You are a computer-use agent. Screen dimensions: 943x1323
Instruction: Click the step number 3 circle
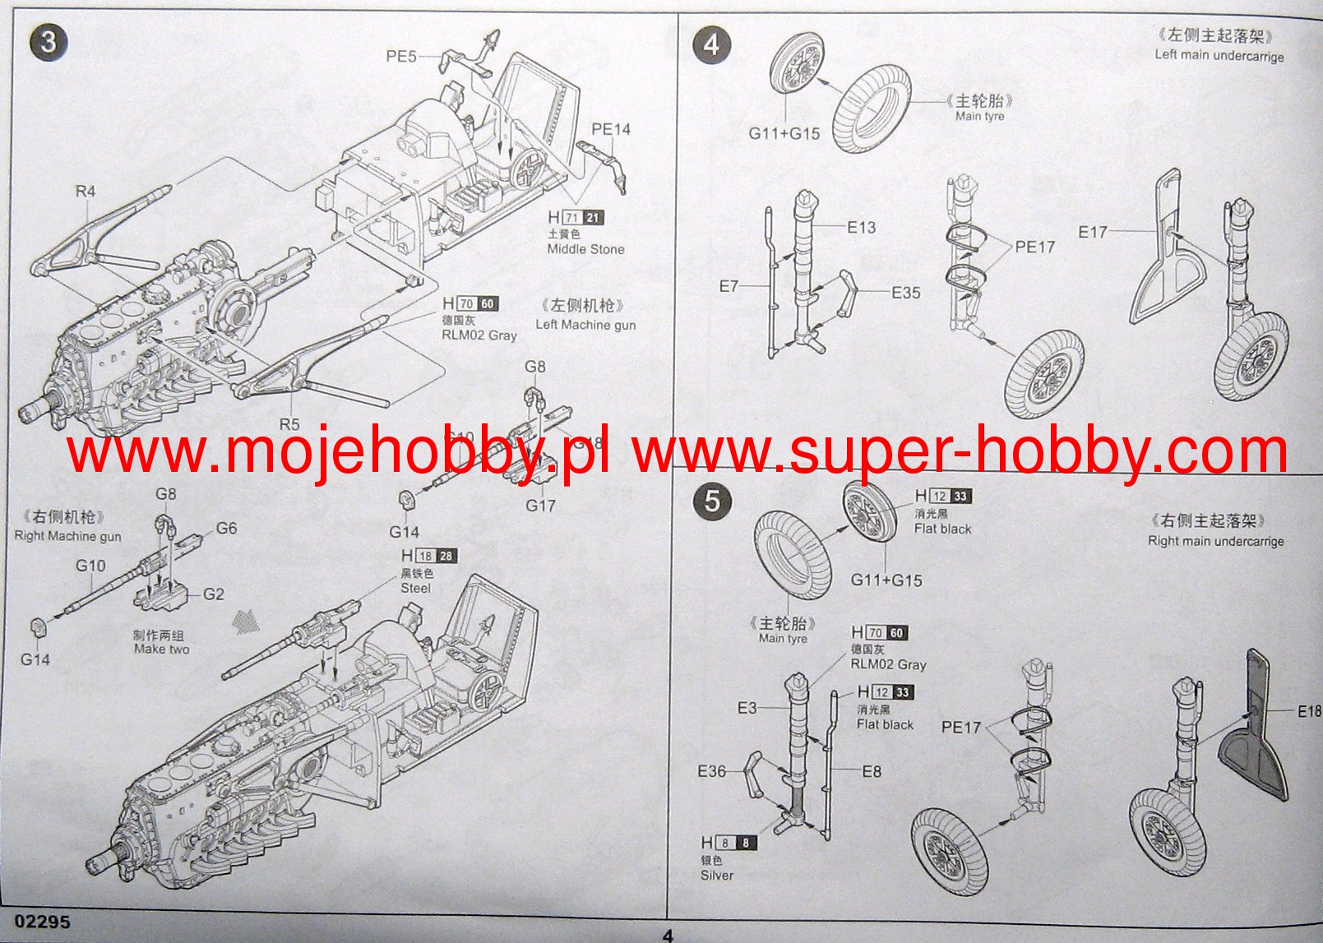click(49, 41)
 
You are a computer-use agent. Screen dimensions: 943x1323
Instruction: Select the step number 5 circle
click(712, 501)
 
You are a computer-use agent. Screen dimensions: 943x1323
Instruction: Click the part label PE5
click(401, 57)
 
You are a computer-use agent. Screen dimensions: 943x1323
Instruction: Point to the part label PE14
click(611, 129)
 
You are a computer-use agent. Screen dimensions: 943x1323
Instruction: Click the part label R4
click(86, 192)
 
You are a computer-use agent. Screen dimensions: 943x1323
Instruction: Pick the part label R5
click(289, 424)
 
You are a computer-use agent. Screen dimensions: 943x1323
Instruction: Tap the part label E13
click(862, 228)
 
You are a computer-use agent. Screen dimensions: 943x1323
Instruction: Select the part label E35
click(906, 293)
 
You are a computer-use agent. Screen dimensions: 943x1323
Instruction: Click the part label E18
click(1309, 711)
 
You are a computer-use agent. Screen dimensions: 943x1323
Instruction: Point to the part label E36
click(712, 771)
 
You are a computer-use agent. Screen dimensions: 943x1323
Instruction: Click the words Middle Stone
click(585, 249)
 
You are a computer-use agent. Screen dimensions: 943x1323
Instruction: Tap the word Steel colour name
click(415, 588)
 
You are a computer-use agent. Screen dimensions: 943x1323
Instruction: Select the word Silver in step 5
click(716, 875)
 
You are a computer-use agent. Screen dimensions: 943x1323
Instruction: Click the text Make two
click(161, 649)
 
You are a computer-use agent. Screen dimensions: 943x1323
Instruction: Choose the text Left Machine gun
click(585, 325)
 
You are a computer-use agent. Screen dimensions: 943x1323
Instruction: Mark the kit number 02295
click(42, 922)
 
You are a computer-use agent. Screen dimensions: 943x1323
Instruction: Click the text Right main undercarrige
click(1215, 541)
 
